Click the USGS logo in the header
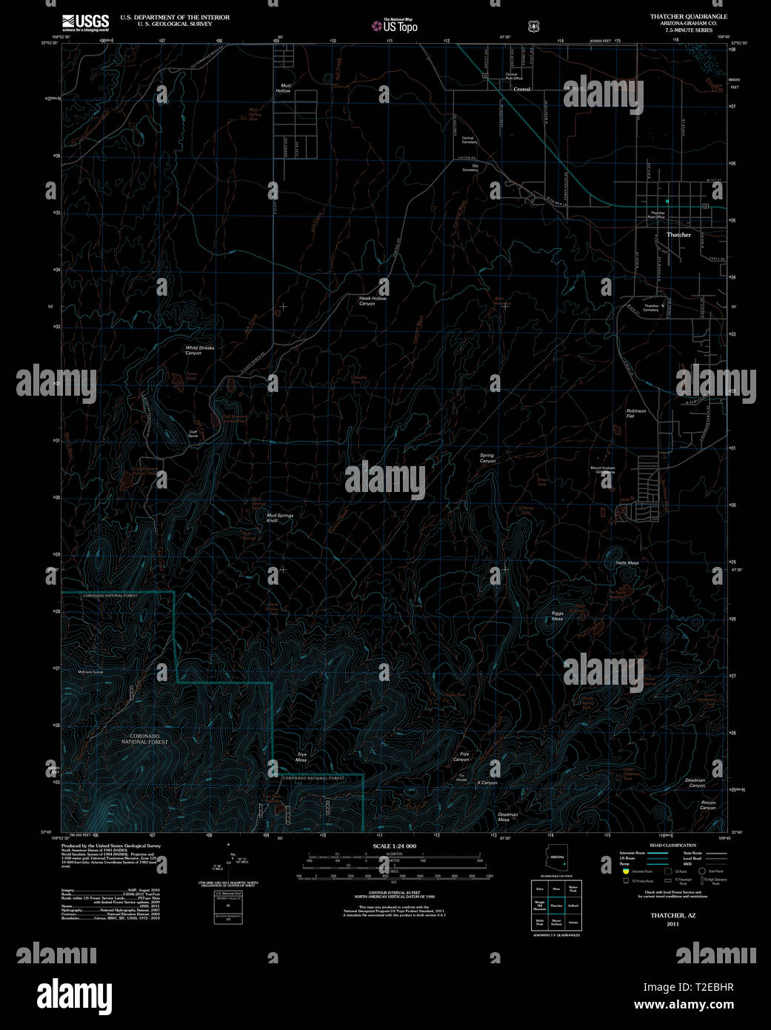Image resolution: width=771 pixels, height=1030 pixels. tap(86, 22)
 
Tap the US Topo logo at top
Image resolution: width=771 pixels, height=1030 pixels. tap(395, 27)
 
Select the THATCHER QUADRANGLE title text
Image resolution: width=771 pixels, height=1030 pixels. tap(689, 16)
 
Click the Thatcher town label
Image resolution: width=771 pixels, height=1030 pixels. tap(678, 235)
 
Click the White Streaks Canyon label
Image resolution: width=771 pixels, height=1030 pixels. tap(199, 350)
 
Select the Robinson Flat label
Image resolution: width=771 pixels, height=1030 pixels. tap(636, 413)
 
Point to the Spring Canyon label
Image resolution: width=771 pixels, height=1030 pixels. tap(487, 459)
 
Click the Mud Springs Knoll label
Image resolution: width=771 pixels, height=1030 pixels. tap(280, 518)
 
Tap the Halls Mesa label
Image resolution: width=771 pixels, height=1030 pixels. tap(627, 563)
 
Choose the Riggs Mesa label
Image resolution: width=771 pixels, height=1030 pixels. tap(557, 616)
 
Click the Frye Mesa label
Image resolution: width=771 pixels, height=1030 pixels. tap(301, 757)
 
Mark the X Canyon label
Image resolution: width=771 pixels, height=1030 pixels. tap(487, 783)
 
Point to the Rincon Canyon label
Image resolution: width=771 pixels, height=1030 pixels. tap(708, 805)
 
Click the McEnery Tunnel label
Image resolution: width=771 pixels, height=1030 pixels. tap(89, 672)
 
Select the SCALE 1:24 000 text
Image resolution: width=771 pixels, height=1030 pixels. tap(394, 846)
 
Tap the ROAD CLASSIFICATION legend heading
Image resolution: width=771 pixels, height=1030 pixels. tap(672, 845)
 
